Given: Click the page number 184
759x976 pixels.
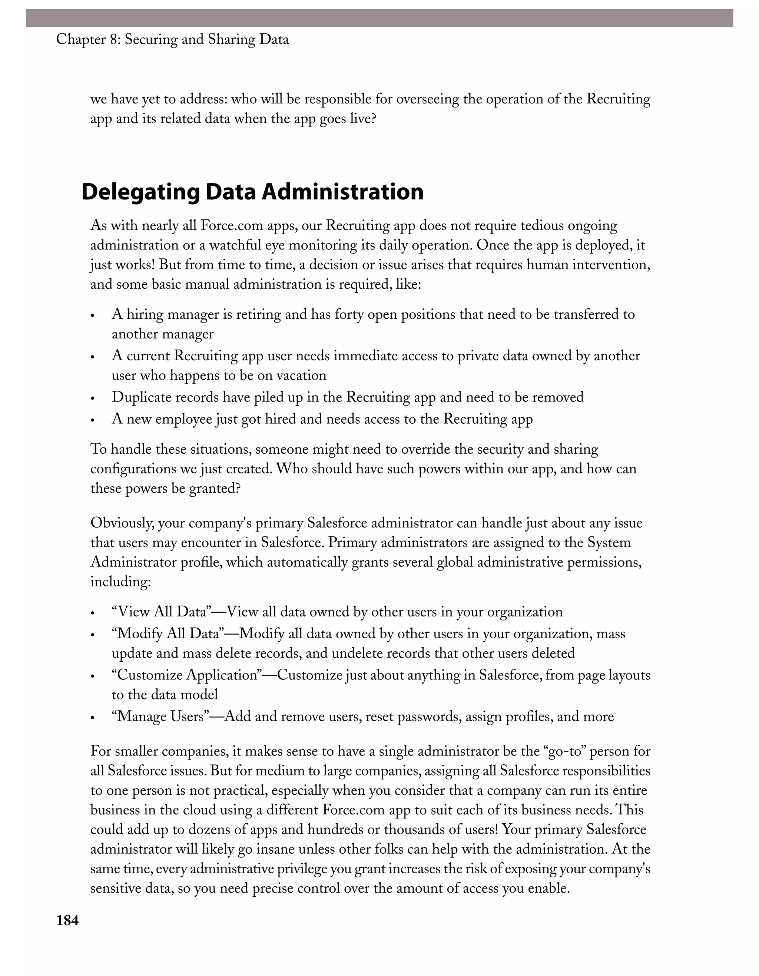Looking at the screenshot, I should point(67,920).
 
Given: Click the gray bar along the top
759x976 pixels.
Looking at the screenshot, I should point(379,18).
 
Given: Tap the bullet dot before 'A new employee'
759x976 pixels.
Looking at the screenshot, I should point(93,420).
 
